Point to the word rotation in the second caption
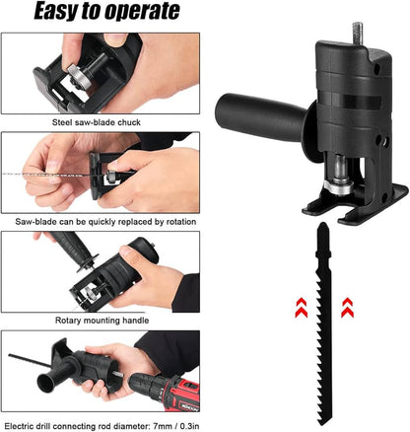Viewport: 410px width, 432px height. tap(171, 222)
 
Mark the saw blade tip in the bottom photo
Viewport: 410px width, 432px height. tap(14, 356)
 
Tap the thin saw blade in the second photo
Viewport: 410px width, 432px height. tap(39, 175)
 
